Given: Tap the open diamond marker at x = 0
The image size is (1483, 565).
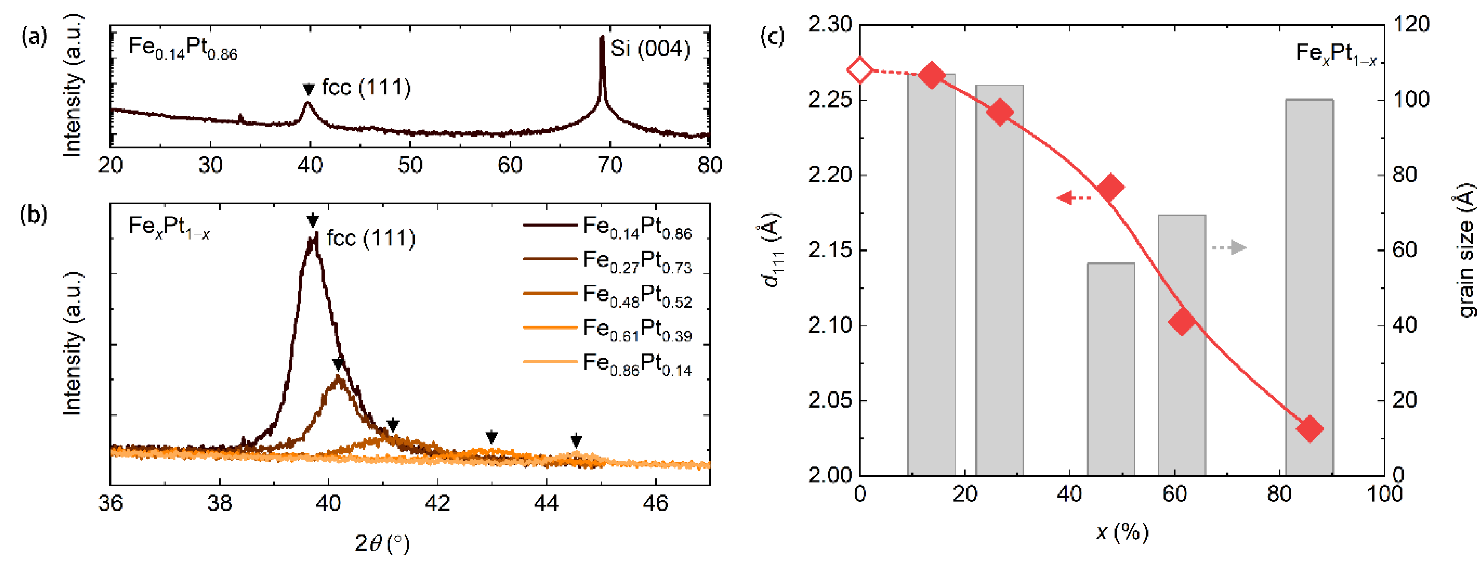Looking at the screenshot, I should (860, 71).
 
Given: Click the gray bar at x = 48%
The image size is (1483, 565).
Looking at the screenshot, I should (1110, 368).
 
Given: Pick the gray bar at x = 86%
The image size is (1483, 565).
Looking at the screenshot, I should (1309, 288).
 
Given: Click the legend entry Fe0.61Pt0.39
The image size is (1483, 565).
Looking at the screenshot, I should (636, 330).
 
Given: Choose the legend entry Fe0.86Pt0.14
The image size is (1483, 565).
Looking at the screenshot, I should (636, 364).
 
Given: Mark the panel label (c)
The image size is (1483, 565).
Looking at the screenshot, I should (771, 37).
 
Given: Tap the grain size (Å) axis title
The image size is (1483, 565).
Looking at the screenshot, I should (1467, 251).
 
